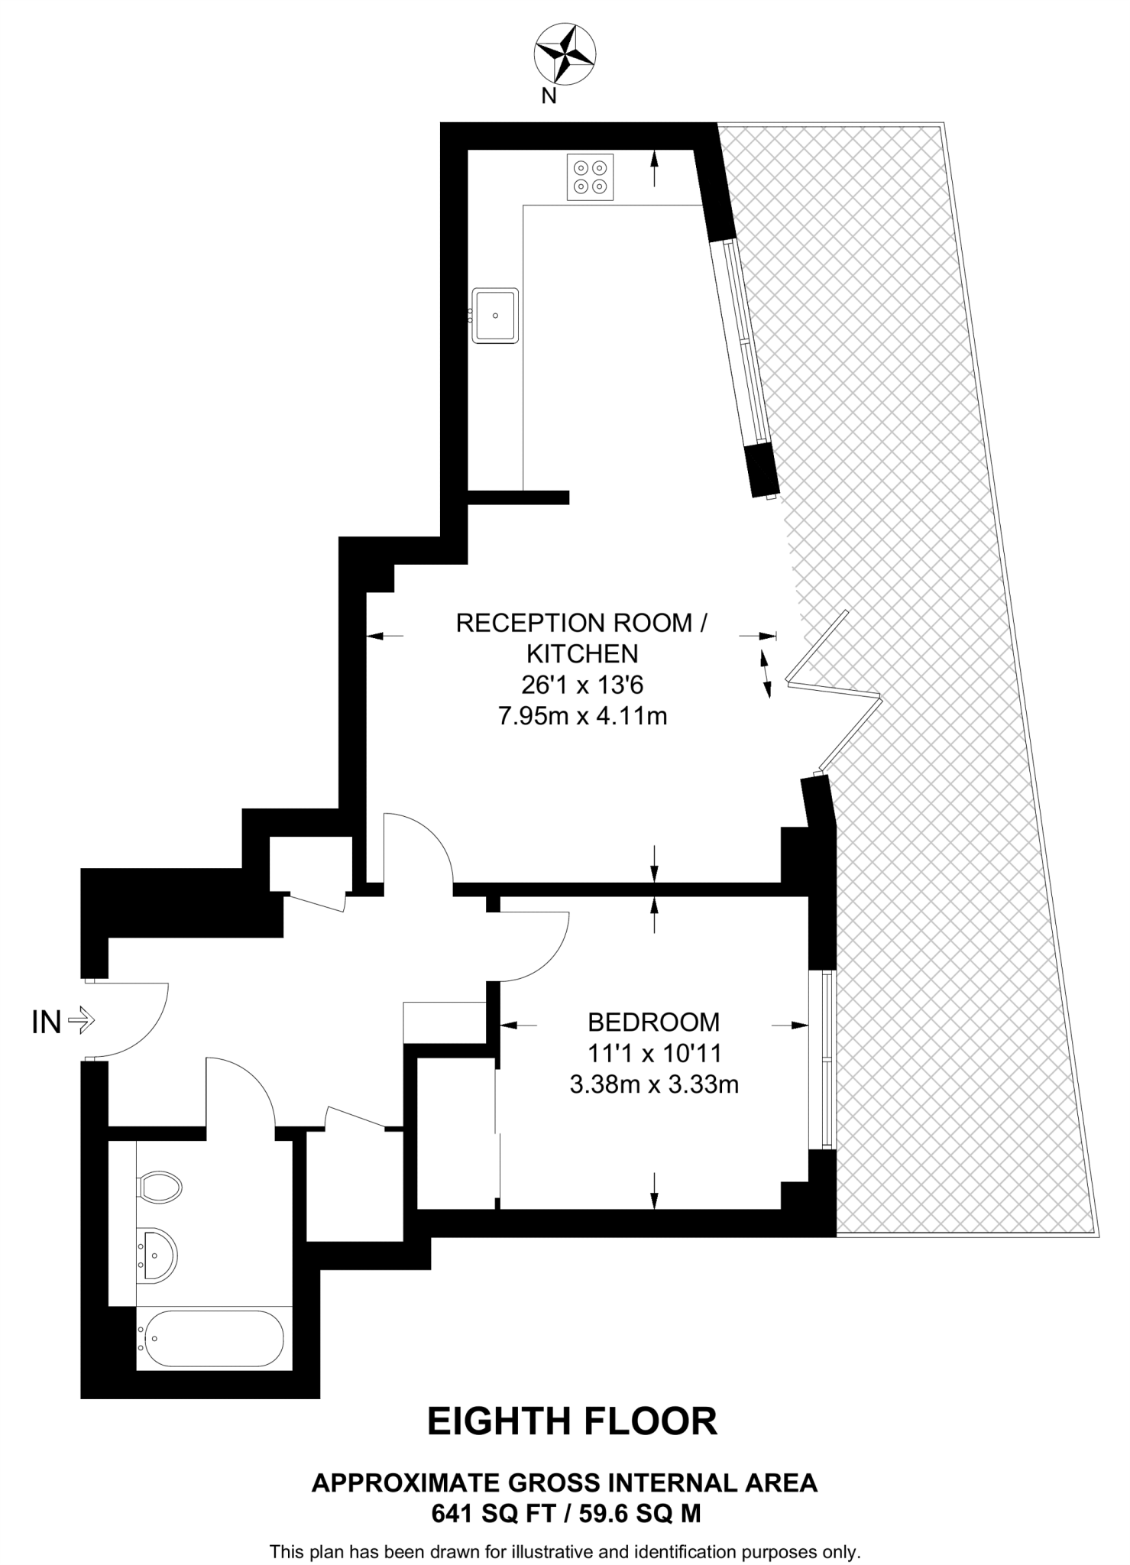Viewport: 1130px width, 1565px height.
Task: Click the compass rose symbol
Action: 565,53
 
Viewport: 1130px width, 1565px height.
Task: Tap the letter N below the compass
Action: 549,96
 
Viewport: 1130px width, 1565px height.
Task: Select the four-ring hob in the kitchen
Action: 590,177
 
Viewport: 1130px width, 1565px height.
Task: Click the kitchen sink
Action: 495,315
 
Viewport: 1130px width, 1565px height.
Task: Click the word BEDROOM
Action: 653,1022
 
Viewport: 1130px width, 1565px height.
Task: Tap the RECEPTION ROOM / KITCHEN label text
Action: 581,638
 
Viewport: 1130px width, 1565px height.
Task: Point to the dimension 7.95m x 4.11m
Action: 582,716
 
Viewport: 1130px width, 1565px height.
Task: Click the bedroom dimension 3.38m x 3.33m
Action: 654,1084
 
